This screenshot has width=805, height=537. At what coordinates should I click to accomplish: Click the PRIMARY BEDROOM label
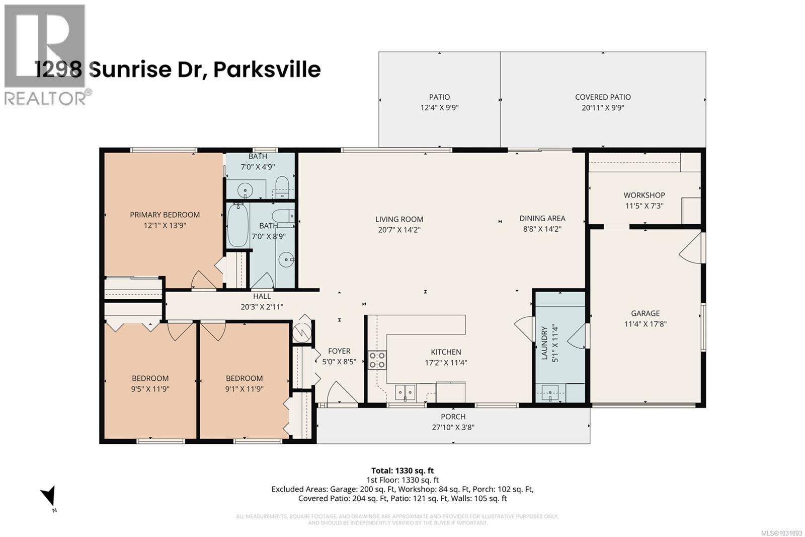pyautogui.click(x=165, y=215)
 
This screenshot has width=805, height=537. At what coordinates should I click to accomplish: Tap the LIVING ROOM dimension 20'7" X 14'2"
pyautogui.click(x=399, y=230)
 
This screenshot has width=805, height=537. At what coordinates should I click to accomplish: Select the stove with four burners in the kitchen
pyautogui.click(x=377, y=360)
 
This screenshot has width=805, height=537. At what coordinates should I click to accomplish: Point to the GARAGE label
pyautogui.click(x=645, y=313)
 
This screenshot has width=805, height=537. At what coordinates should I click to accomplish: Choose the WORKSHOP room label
pyautogui.click(x=644, y=195)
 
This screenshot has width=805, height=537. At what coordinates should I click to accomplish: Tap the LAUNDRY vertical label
pyautogui.click(x=544, y=344)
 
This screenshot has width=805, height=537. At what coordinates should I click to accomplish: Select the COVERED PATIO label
pyautogui.click(x=603, y=97)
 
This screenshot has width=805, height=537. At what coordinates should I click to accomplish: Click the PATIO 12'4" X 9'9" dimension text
pyautogui.click(x=439, y=108)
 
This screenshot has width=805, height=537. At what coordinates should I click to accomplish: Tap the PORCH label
pyautogui.click(x=453, y=417)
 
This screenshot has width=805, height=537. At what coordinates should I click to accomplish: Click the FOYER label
pyautogui.click(x=339, y=351)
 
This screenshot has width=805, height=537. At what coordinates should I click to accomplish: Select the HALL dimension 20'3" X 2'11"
pyautogui.click(x=262, y=306)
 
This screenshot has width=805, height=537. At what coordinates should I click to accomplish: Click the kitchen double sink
pyautogui.click(x=405, y=391)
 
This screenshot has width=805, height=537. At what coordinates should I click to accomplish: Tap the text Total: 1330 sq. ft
pyautogui.click(x=402, y=471)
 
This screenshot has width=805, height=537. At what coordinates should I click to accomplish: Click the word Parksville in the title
pyautogui.click(x=267, y=70)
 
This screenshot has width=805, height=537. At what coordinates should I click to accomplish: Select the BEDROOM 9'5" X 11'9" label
pyautogui.click(x=150, y=378)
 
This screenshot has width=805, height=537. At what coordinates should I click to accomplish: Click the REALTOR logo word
pyautogui.click(x=45, y=98)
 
